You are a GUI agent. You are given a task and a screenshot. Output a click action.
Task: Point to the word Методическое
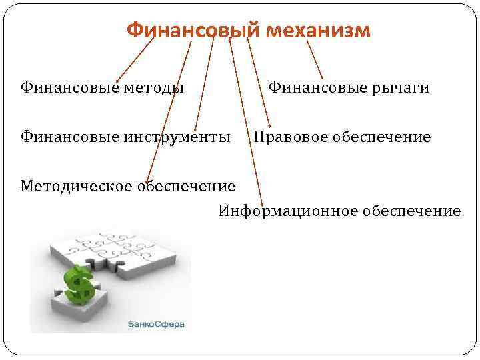77,185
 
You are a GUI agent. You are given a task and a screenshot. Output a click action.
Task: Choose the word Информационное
288,211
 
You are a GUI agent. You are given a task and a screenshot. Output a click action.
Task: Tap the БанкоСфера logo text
156,325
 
